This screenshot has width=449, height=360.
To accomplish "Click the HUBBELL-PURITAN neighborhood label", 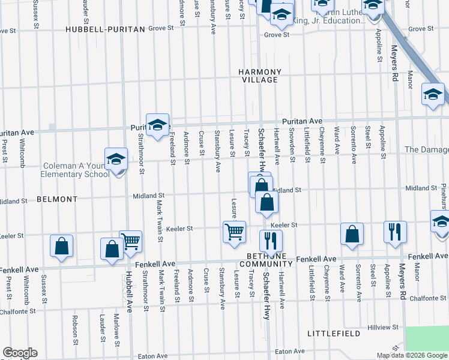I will click(105, 29).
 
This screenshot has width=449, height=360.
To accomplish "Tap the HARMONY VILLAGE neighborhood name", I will click(259, 76).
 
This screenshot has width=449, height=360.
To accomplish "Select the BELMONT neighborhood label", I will click(57, 199).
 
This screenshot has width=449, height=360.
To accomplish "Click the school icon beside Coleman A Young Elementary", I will click(116, 160).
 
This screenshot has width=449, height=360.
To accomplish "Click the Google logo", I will click(20, 353).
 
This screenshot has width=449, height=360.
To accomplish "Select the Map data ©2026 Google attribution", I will click(411, 355).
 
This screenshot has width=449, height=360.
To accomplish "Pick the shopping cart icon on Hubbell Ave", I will click(131, 241).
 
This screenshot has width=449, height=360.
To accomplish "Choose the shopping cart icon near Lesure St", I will click(234, 231).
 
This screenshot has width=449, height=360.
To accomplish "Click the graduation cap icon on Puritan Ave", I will click(157, 125).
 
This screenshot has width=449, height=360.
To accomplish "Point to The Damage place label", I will click(426, 149).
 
